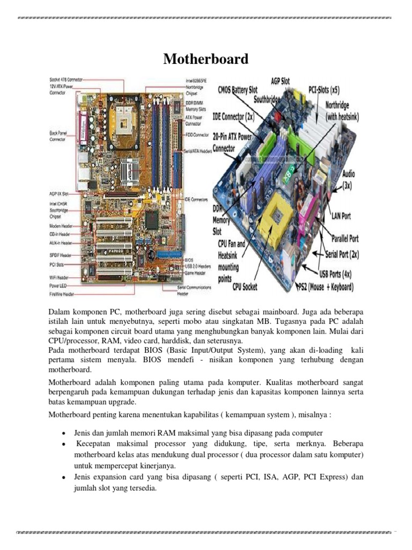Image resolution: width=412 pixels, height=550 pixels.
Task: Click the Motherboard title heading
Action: tap(206, 59)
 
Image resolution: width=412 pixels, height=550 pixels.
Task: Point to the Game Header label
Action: tap(192, 273)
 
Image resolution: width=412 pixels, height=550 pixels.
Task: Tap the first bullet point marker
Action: tap(64, 433)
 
